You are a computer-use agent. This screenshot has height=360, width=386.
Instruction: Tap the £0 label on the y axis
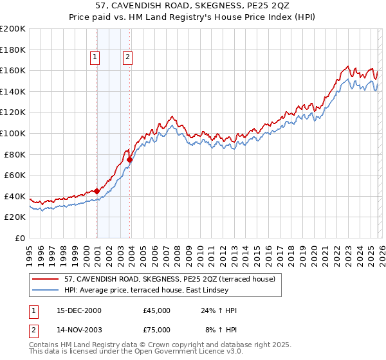[x=19, y=238]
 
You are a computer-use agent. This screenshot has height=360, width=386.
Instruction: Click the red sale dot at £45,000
[x=97, y=191]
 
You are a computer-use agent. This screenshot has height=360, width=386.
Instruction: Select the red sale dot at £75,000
[x=130, y=159]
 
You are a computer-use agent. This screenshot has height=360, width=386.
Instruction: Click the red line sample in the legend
[x=46, y=279]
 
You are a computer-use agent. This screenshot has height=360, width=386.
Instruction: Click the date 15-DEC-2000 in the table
[x=78, y=310]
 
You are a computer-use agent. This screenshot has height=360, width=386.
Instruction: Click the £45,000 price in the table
[x=157, y=310]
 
